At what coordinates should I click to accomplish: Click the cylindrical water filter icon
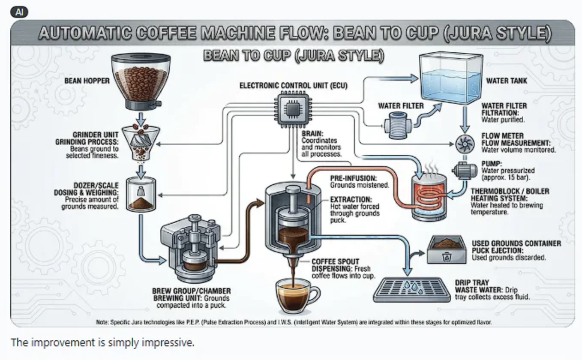pyautogui.click(x=397, y=126)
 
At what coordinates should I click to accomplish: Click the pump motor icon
pyautogui.click(x=464, y=171)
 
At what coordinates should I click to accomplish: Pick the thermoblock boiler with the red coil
pyautogui.click(x=429, y=197)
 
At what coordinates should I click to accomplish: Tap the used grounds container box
pyautogui.click(x=447, y=249)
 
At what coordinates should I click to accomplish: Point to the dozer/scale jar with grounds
pyautogui.click(x=141, y=195)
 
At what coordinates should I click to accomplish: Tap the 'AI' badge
pyautogui.click(x=19, y=12)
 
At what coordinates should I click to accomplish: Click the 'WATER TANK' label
pyautogui.click(x=507, y=81)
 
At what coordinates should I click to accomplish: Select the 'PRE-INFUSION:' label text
pyautogui.click(x=353, y=178)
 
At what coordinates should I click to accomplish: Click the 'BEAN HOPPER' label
pyautogui.click(x=87, y=81)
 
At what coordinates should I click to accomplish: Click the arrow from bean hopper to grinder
pyautogui.click(x=141, y=118)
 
